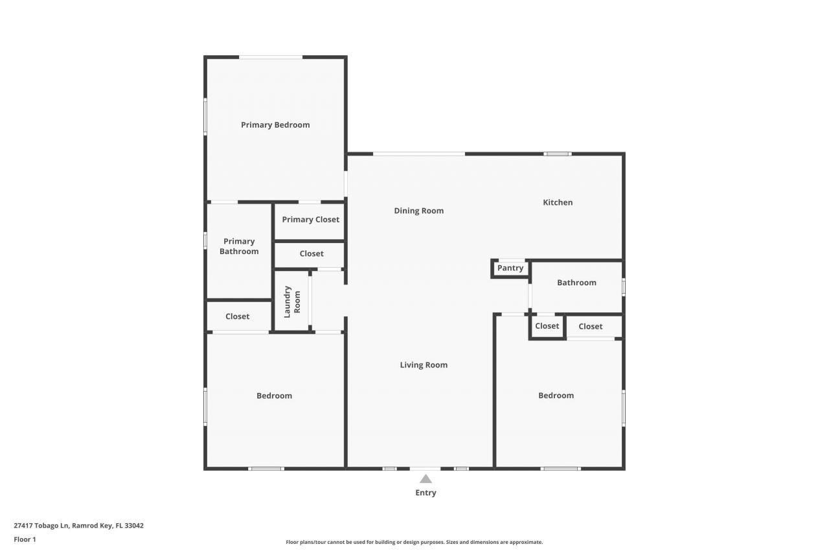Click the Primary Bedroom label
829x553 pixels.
[275, 124]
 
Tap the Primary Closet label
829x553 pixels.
[310, 219]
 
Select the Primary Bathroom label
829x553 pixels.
[239, 246]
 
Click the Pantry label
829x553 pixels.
[510, 268]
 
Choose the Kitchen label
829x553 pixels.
[558, 202]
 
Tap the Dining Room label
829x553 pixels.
[419, 211]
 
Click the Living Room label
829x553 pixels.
[424, 365]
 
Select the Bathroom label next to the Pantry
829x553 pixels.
[576, 283]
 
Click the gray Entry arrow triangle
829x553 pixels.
[426, 479]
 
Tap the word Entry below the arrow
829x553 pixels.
[426, 493]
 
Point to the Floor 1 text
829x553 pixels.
[25, 539]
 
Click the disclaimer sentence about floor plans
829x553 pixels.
[414, 542]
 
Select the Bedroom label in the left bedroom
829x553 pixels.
[274, 395]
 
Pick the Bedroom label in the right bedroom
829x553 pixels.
[556, 395]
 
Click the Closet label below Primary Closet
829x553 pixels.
[312, 253]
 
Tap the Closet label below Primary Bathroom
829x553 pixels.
[237, 316]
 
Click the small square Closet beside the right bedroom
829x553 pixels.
[547, 326]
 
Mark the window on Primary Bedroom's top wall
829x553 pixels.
[271, 58]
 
